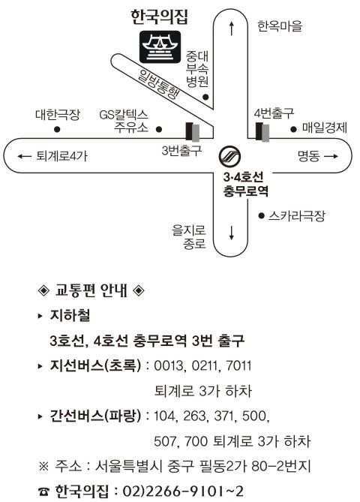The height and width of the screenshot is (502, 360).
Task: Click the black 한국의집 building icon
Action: [160, 47]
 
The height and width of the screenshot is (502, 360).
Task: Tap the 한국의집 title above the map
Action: [159, 17]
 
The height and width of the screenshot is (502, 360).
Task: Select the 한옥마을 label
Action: [280, 26]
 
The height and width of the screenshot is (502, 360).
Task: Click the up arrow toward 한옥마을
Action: [232, 29]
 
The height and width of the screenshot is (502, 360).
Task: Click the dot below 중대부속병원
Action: [205, 97]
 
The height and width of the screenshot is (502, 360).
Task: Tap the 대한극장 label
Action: [58, 114]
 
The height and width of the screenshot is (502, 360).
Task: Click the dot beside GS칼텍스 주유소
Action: [159, 129]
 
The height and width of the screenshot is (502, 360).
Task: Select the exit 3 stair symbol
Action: [193, 131]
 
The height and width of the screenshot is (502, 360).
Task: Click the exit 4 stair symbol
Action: [262, 131]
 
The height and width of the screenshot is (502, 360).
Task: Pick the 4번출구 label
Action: [274, 113]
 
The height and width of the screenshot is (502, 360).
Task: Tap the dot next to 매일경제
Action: [293, 129]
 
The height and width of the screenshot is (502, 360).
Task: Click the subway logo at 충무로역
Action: [229, 157]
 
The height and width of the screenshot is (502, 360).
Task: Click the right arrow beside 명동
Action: [331, 156]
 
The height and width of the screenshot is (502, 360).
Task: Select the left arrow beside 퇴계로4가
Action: [25, 156]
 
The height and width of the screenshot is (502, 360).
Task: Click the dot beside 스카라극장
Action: [262, 216]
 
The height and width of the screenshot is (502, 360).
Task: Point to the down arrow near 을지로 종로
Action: [232, 233]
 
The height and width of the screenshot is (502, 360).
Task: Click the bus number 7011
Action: [238, 365]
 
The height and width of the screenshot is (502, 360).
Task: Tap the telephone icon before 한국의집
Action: [43, 491]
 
